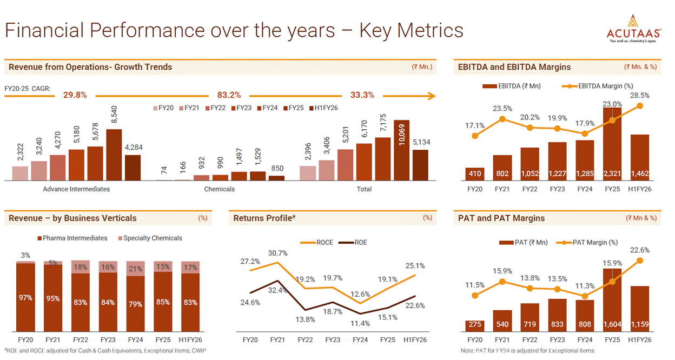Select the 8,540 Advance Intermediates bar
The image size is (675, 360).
[x=114, y=155]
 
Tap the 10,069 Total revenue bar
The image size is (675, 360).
[x=401, y=150]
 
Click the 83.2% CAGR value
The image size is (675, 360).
[x=229, y=95]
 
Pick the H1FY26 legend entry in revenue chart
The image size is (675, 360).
[x=323, y=108]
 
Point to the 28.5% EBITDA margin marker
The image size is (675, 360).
[x=640, y=106]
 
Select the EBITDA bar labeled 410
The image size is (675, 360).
[x=475, y=174]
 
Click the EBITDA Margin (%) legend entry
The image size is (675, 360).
[x=598, y=86]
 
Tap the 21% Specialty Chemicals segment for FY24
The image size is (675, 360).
[x=135, y=269]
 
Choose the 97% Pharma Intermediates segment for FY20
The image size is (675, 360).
[x=25, y=297]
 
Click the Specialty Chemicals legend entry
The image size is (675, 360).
[x=150, y=238]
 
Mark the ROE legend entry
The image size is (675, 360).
[x=353, y=243]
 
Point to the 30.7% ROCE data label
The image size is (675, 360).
[x=278, y=254]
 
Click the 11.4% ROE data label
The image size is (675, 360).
[x=360, y=324]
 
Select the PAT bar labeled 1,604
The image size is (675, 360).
[x=612, y=300]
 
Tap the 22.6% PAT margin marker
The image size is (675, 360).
[x=640, y=261]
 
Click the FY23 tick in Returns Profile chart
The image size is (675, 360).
[x=333, y=340]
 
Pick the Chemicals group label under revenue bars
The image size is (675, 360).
[x=220, y=189]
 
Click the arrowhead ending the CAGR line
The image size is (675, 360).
[x=432, y=96]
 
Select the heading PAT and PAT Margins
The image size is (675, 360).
[x=501, y=218]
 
